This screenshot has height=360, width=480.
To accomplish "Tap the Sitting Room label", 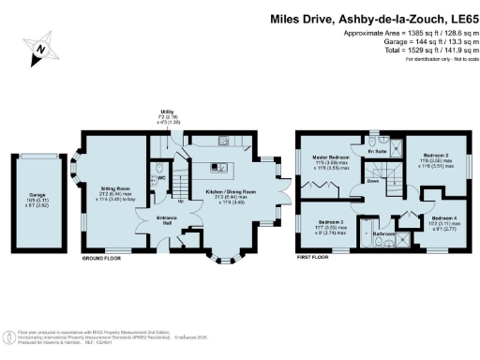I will [115, 187].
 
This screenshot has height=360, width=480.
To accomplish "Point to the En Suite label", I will [378, 151].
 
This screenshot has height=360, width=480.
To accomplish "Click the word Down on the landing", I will [373, 184].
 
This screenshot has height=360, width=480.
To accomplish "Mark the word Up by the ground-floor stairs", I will [180, 200].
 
